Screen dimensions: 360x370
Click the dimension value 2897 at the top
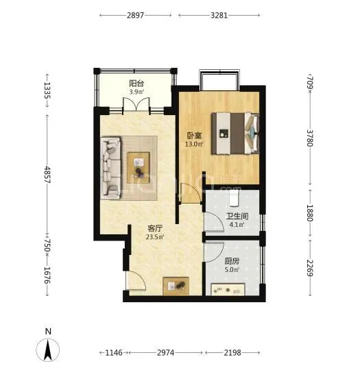[135, 15]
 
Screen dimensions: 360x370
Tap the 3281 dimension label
[219, 15]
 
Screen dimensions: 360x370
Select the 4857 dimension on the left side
[47, 175]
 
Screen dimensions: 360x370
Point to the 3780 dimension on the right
[310, 138]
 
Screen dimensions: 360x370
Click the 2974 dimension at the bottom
[165, 353]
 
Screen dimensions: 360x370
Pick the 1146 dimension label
[114, 353]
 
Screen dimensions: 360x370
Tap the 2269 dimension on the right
[310, 268]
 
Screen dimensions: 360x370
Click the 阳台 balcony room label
[136, 84]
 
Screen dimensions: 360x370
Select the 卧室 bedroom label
[195, 136]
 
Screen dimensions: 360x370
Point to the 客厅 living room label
[155, 228]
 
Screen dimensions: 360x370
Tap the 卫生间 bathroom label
[237, 216]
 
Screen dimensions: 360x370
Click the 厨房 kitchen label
[232, 261]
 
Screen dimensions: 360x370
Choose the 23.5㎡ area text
[155, 237]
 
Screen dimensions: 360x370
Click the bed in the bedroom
[235, 134]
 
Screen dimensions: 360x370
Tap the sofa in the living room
[111, 168]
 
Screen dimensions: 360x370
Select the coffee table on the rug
[139, 168]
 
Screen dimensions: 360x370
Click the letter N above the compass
[48, 332]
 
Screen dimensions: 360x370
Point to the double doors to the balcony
[136, 104]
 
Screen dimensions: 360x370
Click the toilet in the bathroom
[234, 198]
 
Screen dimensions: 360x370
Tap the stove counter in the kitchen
[228, 290]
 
